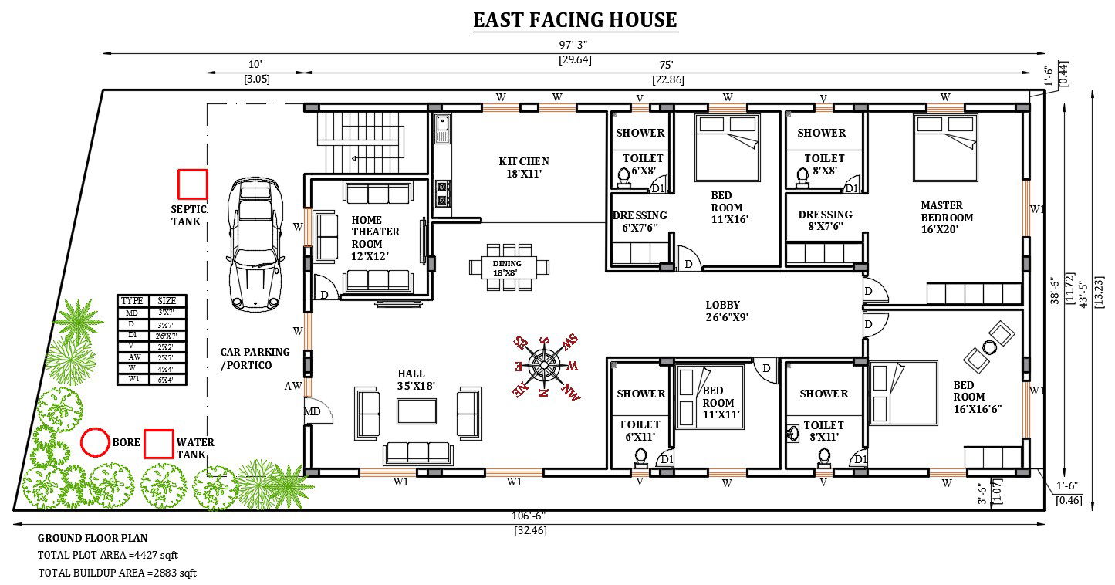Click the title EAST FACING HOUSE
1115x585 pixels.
pyautogui.click(x=575, y=20)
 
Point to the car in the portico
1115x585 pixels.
pyautogui.click(x=255, y=244)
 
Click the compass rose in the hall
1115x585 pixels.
pyautogui.click(x=544, y=367)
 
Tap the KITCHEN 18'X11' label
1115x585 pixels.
pyautogui.click(x=524, y=167)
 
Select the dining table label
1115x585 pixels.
pyautogui.click(x=507, y=268)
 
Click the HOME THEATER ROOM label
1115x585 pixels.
pyautogui.click(x=375, y=238)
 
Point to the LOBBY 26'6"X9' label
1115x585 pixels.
pyautogui.click(x=727, y=311)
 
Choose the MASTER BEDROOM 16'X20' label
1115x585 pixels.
pyautogui.click(x=947, y=217)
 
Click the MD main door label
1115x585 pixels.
pyautogui.click(x=312, y=412)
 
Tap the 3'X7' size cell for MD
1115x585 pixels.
pyautogui.click(x=166, y=313)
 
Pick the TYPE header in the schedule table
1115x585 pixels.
pyautogui.click(x=132, y=301)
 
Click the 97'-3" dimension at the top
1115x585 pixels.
pyautogui.click(x=573, y=45)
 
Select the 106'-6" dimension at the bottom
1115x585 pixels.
pyautogui.click(x=529, y=516)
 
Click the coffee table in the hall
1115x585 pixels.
pyautogui.click(x=417, y=412)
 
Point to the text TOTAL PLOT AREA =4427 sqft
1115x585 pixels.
pyautogui.click(x=107, y=555)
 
